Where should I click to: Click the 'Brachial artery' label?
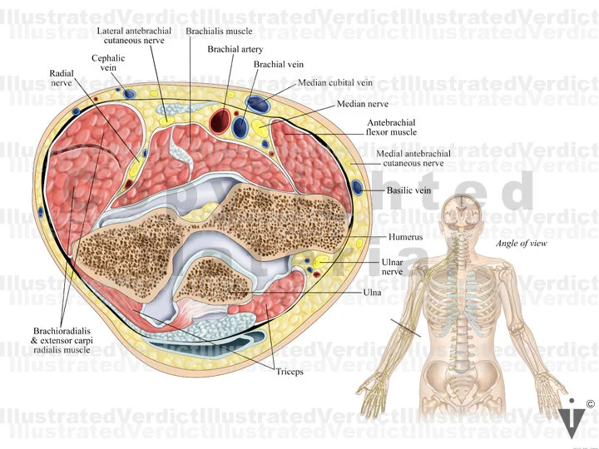(235, 50)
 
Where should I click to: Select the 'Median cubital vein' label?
(334, 83)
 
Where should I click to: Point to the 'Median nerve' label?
(363, 105)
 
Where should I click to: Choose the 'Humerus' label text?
(406, 238)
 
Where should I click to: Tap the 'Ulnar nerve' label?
(393, 266)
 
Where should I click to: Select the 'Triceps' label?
(290, 372)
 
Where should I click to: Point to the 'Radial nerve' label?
(62, 78)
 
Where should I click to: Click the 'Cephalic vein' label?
(108, 63)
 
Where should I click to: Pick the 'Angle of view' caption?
(521, 244)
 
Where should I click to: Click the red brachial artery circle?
(221, 121)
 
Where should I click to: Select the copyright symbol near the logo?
(590, 404)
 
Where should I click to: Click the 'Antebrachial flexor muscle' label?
(391, 127)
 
